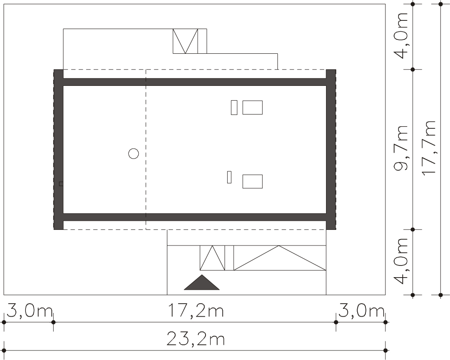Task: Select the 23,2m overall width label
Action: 196,339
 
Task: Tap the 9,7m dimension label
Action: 401,148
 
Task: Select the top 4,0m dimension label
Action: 401,36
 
